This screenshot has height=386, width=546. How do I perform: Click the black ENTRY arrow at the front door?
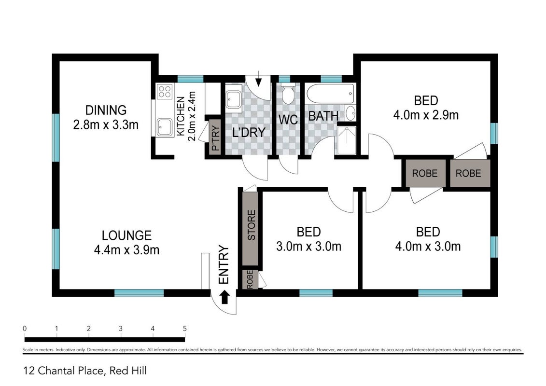(225, 298)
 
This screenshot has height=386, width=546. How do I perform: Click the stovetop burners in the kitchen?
(164, 92)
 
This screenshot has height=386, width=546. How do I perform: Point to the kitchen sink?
(164, 127)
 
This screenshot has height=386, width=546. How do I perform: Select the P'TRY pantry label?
(216, 138)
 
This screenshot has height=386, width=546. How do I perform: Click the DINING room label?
(106, 110)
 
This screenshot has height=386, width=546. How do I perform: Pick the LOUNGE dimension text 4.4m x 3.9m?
(127, 250)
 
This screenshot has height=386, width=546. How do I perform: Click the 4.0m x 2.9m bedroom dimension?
(426, 115)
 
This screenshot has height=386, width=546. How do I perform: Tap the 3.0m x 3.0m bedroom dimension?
(308, 247)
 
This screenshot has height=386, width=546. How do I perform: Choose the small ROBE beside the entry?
(250, 279)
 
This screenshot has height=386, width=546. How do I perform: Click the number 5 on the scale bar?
(184, 328)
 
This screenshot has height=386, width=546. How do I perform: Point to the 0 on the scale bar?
(24, 328)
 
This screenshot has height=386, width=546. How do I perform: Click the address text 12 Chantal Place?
(64, 371)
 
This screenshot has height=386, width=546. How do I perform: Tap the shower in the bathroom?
(347, 140)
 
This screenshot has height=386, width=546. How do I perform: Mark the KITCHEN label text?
(181, 116)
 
